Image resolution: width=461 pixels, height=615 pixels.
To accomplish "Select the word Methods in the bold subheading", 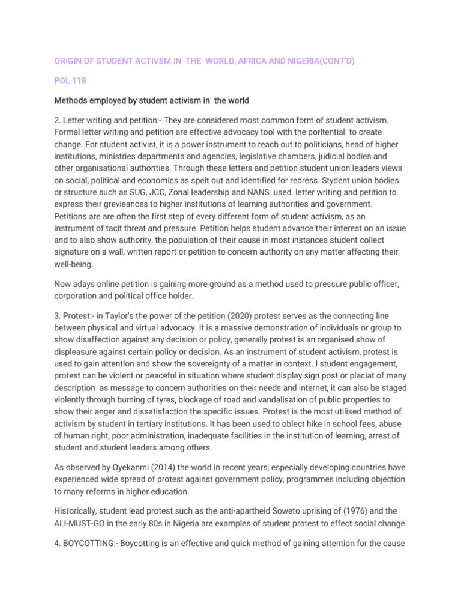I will pos(73,100).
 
